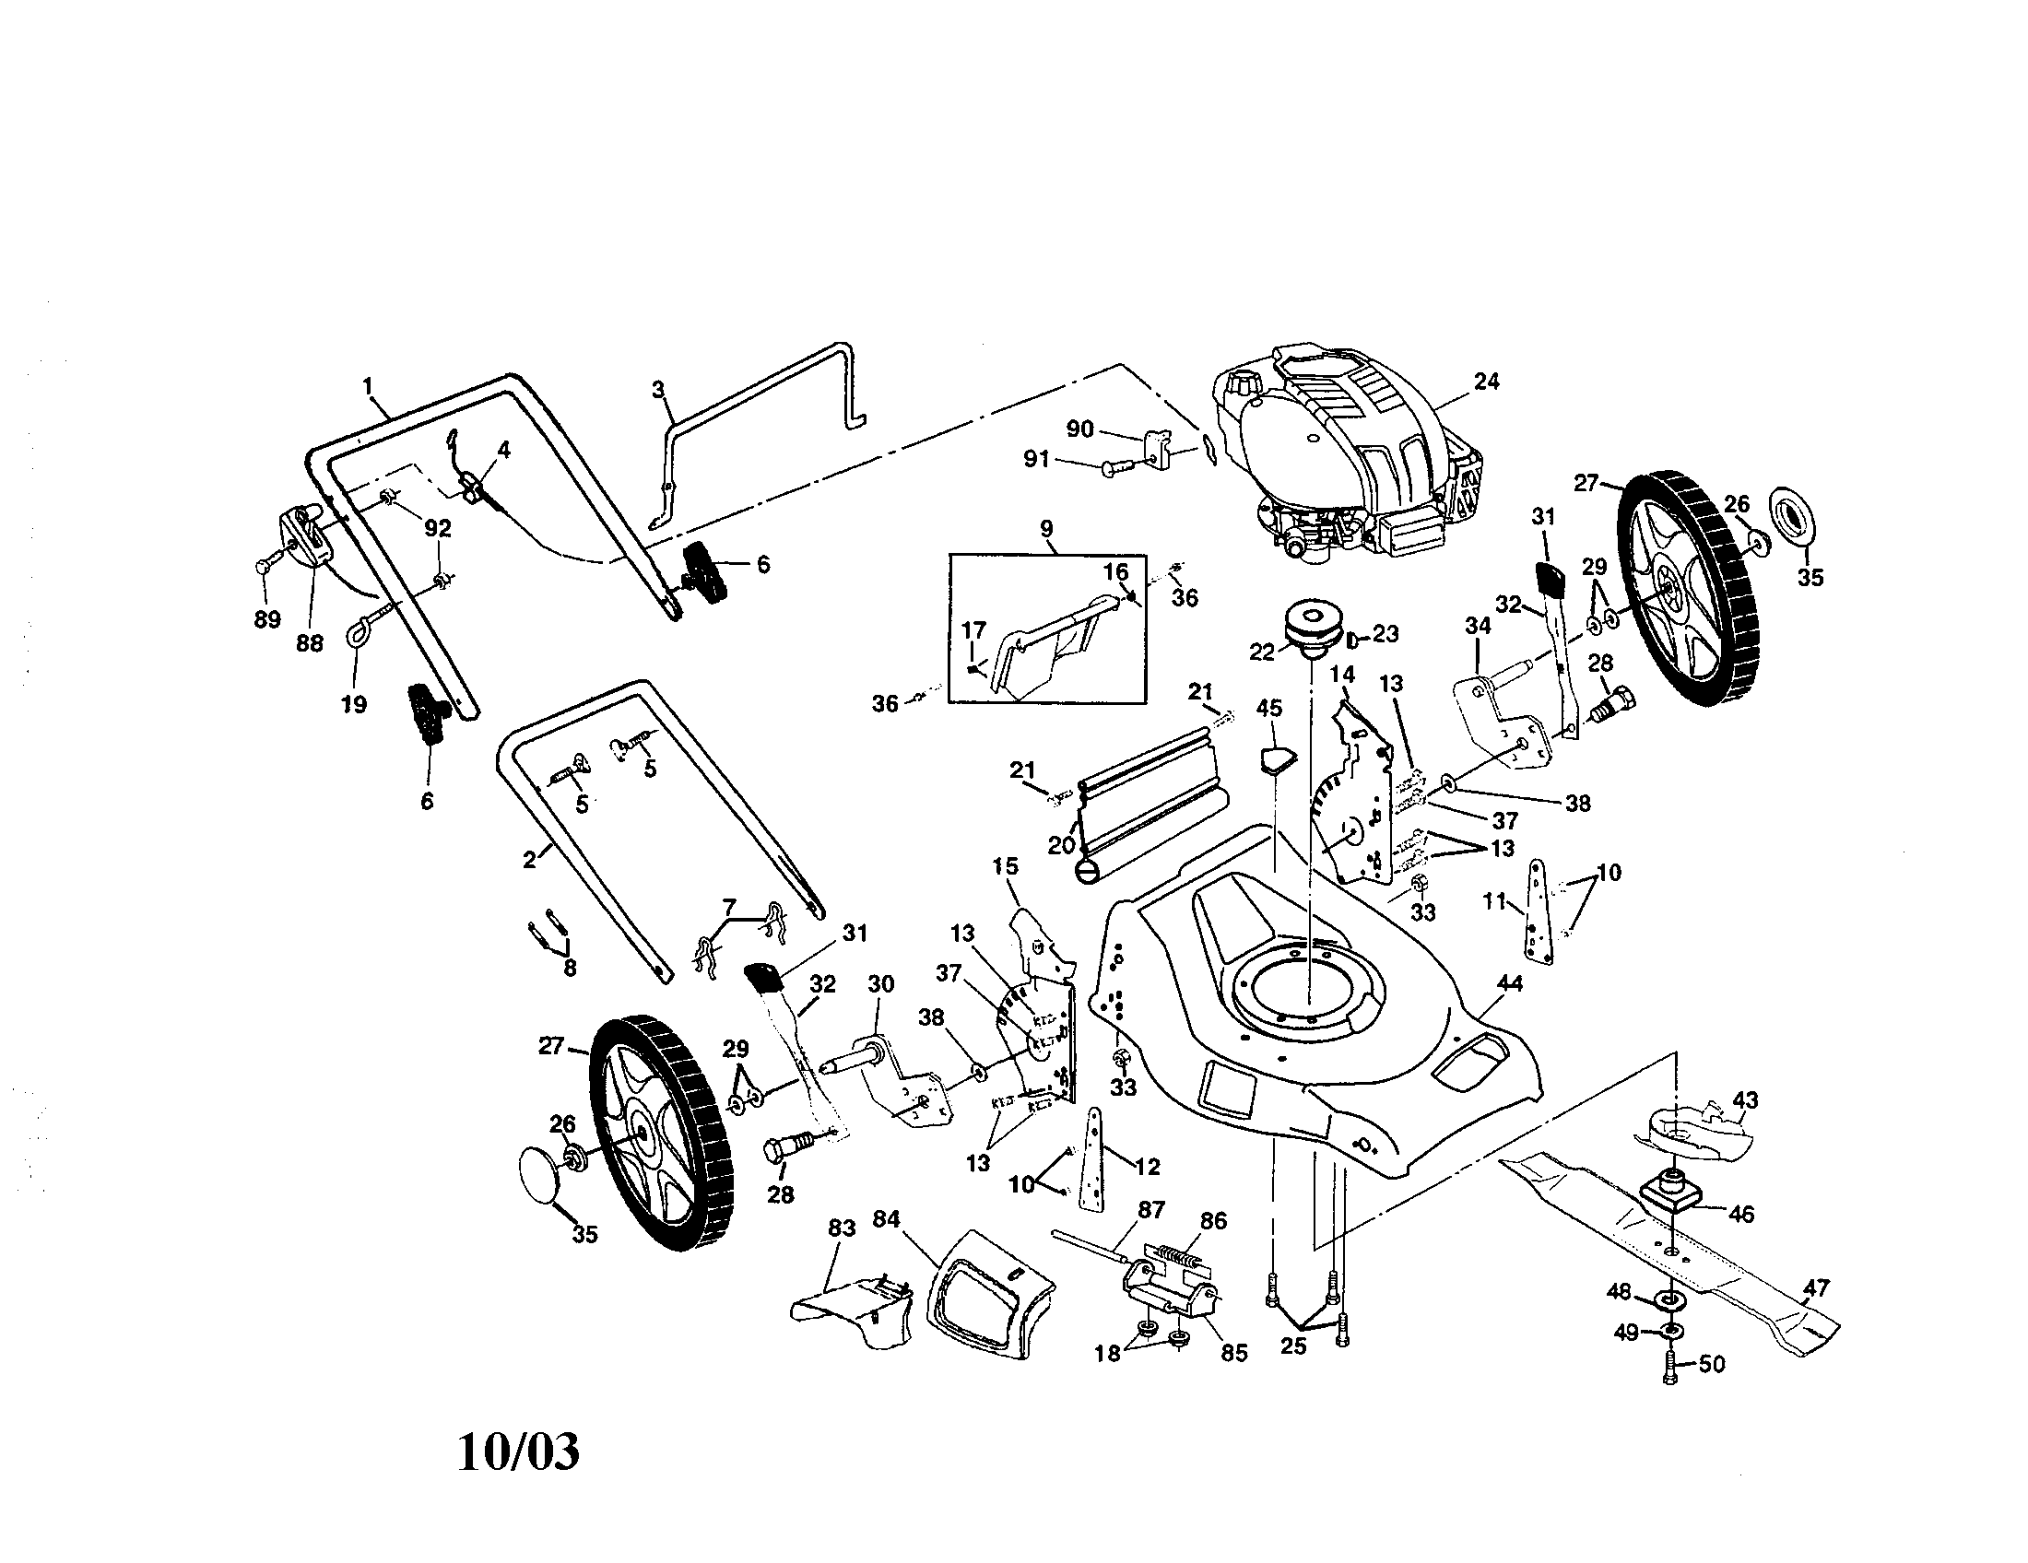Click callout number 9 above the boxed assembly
tap(1046, 530)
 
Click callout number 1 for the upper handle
tap(368, 383)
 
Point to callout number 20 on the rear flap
tap(1060, 843)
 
